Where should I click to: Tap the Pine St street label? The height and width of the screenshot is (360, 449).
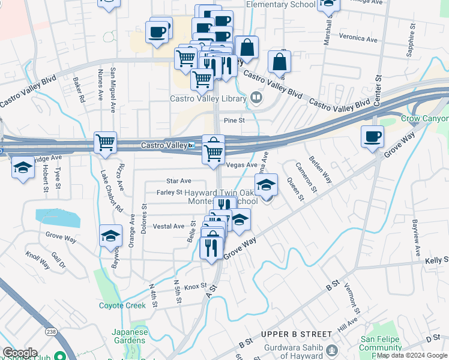pos(235,121)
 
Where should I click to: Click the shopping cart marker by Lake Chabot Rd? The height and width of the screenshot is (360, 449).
pos(106,143)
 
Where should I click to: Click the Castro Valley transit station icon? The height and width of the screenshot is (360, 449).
pos(191,145)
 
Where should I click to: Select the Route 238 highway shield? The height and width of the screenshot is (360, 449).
pos(50,331)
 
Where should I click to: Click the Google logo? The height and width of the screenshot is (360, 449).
pos(20,353)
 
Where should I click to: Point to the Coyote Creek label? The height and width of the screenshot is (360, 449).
pos(122,305)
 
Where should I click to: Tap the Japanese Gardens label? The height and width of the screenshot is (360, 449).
pos(130,337)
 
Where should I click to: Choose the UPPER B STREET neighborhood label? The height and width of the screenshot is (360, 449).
pos(297,334)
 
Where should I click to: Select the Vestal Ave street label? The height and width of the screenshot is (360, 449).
pos(169,226)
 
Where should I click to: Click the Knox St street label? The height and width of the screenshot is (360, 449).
pos(196,287)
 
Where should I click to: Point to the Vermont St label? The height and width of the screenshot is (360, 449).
pos(351,298)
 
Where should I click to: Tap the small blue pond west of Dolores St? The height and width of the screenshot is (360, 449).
pos(57,217)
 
